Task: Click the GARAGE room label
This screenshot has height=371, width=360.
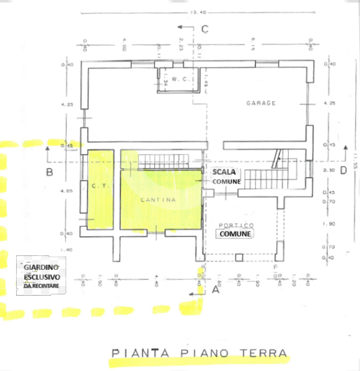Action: pos(261,103)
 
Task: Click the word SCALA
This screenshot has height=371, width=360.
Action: pos(225,172)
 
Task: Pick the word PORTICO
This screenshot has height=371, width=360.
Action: pos(235,225)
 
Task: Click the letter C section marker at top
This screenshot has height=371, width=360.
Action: pos(205,29)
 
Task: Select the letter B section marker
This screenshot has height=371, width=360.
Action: pos(50,171)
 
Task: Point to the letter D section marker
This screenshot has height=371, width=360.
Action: pos(343,171)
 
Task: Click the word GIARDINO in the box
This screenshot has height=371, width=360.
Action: pos(40,268)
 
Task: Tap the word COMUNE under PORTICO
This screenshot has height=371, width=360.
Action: pos(235,234)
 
